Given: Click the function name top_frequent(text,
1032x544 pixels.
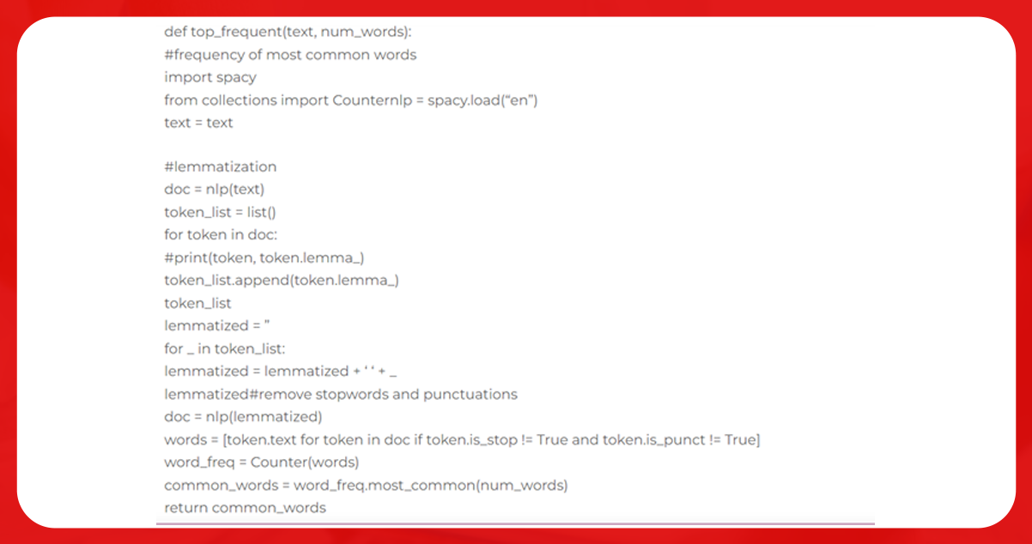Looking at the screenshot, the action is coord(253,33).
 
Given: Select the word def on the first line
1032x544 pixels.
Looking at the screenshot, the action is coord(175,32).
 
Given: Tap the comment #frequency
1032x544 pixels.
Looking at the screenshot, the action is coord(204,55).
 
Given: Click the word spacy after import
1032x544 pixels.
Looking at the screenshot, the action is coord(236,78).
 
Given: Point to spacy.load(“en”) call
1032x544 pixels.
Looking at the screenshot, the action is coord(483,100).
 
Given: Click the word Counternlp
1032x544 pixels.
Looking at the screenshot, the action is coord(373,100).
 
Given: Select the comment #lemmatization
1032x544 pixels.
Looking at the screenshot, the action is coord(220,166).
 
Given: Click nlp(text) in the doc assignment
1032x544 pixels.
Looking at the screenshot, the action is coord(235,190).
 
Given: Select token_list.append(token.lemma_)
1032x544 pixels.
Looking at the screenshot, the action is coord(282,280).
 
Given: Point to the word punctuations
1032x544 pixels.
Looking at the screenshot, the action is coord(470,395).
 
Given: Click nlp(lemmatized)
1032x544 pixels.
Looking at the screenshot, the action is coord(264,417).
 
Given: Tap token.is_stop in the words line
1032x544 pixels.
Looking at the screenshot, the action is coord(471,440).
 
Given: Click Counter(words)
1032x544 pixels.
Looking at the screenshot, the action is coord(305,462).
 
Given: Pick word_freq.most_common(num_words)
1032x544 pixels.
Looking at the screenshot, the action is coord(430,486).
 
